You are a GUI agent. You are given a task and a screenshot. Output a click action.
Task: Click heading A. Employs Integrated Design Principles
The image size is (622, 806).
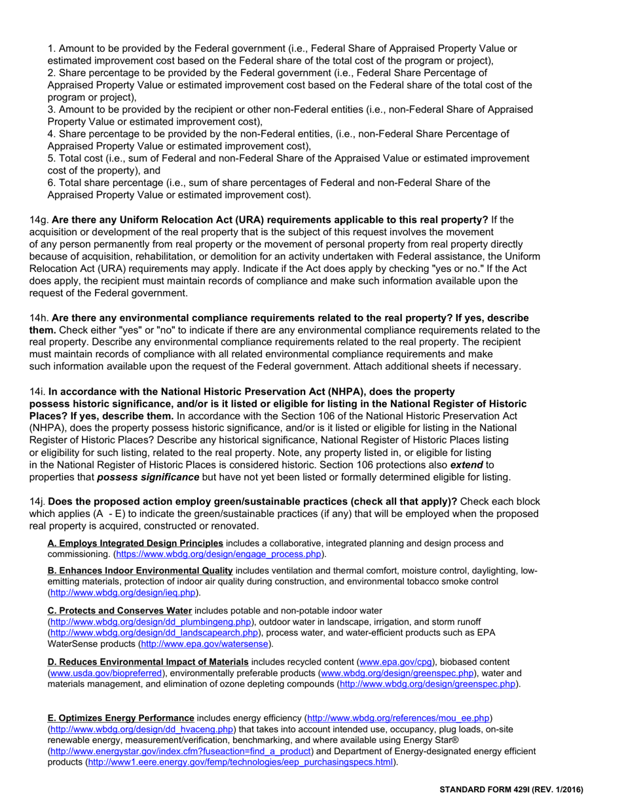[x=136, y=543]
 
